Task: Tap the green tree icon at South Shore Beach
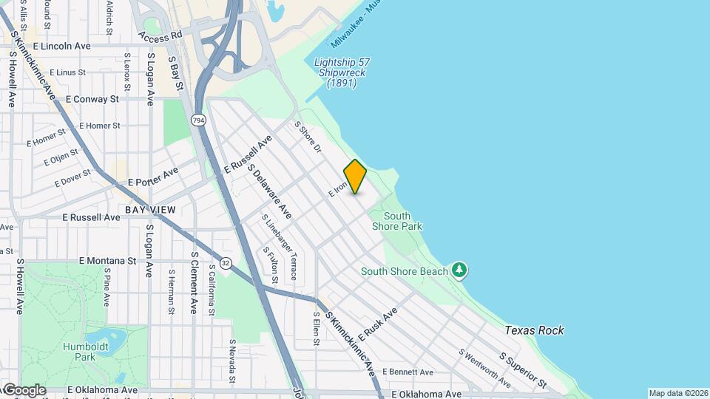(x=460, y=270)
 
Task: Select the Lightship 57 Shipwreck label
(x=342, y=72)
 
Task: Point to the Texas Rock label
(x=535, y=330)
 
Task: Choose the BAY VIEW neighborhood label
(x=150, y=210)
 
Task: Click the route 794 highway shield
(x=198, y=120)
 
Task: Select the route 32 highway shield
(x=225, y=262)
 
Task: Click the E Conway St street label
(x=92, y=98)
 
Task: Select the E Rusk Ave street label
(x=377, y=322)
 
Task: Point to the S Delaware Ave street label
(x=269, y=191)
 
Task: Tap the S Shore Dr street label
(x=309, y=137)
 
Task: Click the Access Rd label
(x=160, y=35)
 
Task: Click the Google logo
(x=24, y=389)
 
